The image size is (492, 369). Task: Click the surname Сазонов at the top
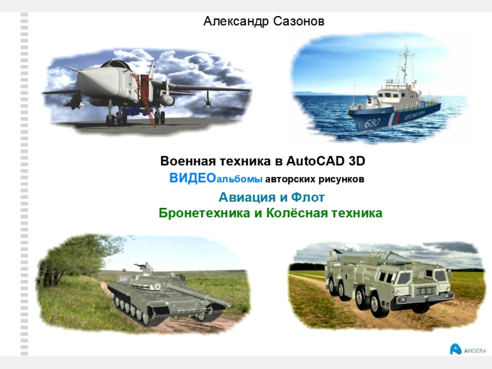coord(296,22)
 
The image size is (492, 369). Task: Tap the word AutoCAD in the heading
coord(315,162)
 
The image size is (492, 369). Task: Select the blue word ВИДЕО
coord(192,179)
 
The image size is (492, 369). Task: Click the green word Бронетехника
coord(198,213)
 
